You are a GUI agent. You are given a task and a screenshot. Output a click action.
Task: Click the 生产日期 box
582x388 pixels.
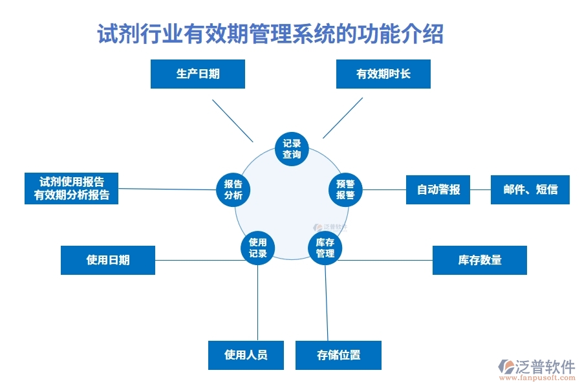(x=197, y=74)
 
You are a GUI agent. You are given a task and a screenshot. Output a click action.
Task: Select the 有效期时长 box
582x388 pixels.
(x=383, y=74)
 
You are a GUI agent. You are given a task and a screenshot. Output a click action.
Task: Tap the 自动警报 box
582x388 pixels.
(x=438, y=189)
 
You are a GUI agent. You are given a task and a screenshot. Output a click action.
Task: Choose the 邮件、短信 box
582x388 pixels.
(x=530, y=189)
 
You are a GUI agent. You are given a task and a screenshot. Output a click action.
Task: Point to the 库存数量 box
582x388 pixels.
(x=479, y=260)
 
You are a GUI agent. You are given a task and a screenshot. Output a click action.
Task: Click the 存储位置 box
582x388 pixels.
(x=338, y=355)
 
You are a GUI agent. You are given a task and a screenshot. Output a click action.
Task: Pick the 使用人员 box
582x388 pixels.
(x=246, y=355)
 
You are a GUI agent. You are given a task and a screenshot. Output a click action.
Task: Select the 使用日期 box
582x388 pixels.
(x=107, y=260)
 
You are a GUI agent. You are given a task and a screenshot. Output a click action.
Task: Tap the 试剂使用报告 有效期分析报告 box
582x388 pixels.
(x=71, y=188)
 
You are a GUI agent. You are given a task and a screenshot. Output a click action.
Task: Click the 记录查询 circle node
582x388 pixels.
(x=292, y=149)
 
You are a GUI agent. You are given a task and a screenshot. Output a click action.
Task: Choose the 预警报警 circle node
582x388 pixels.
(x=345, y=189)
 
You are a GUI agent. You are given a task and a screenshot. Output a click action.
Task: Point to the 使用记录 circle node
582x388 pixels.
(x=257, y=248)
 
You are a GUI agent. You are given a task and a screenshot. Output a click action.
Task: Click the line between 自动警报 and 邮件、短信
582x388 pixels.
(x=480, y=189)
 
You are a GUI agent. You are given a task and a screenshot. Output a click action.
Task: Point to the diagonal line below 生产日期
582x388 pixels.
(x=232, y=120)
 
